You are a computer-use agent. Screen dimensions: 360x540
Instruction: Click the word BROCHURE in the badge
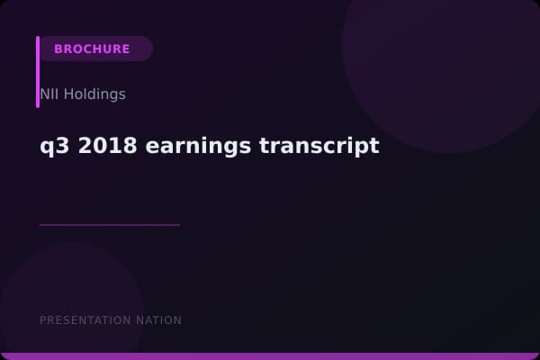pyautogui.click(x=92, y=49)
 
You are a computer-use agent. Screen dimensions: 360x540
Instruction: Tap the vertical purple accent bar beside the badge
pyautogui.click(x=38, y=72)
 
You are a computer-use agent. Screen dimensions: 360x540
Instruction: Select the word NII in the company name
pyautogui.click(x=49, y=94)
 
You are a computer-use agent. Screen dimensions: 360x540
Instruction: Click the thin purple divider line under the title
pyautogui.click(x=110, y=224)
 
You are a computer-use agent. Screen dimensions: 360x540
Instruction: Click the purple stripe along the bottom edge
pyautogui.click(x=270, y=356)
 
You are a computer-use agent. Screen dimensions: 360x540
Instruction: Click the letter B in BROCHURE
pyautogui.click(x=58, y=49)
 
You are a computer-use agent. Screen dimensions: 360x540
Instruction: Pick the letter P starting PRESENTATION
pyautogui.click(x=43, y=320)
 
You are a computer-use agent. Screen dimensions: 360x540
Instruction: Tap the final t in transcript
pyautogui.click(x=374, y=146)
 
